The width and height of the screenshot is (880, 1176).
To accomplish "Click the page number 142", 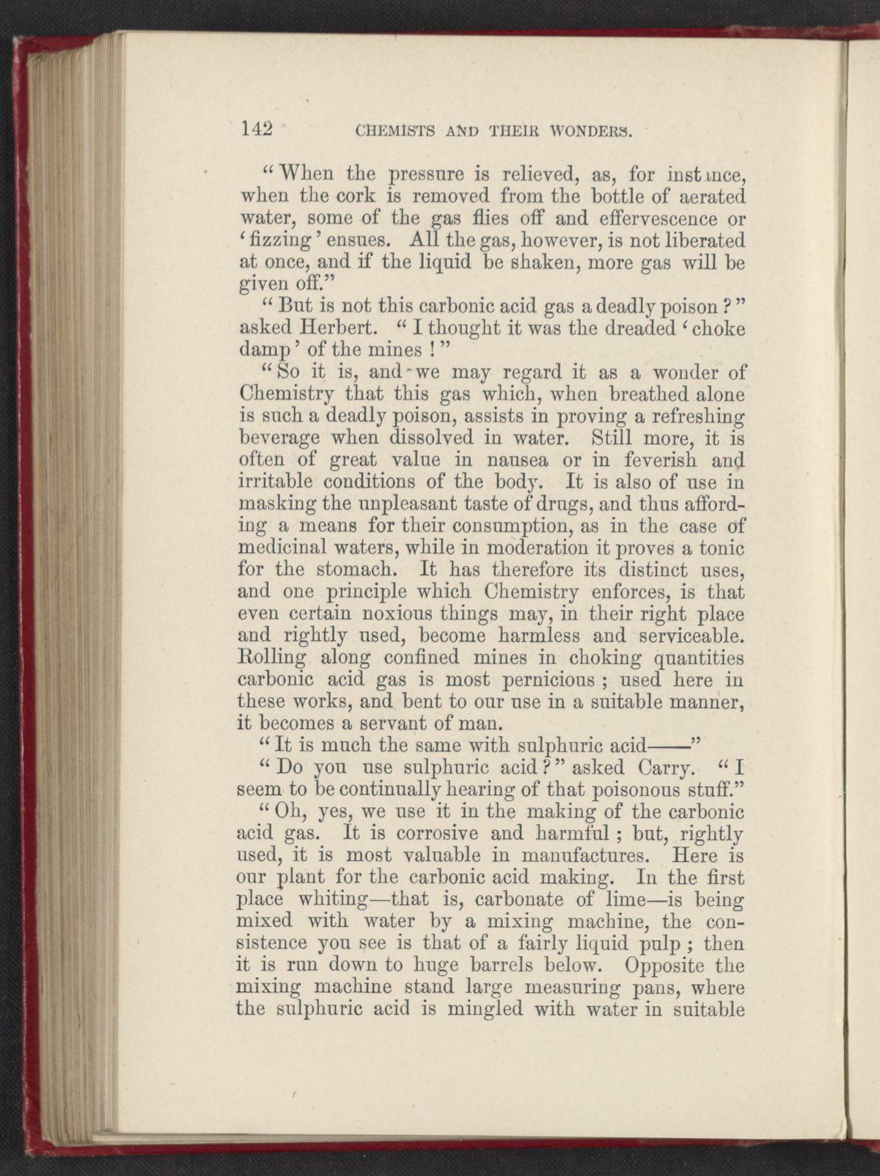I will [x=257, y=131].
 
